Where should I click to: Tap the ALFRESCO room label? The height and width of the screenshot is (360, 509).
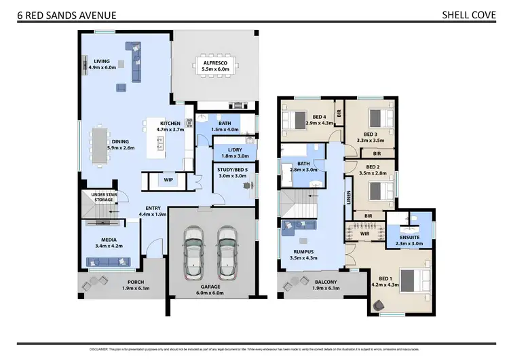click(x=214, y=62)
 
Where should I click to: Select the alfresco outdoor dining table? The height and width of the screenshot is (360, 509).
click(x=214, y=79)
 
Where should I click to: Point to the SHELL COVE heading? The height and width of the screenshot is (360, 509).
click(x=466, y=14)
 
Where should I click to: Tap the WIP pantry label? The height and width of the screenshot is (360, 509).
click(x=168, y=181)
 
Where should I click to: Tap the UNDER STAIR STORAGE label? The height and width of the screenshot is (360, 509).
click(x=104, y=197)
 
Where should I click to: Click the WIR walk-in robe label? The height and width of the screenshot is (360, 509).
click(x=364, y=234)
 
